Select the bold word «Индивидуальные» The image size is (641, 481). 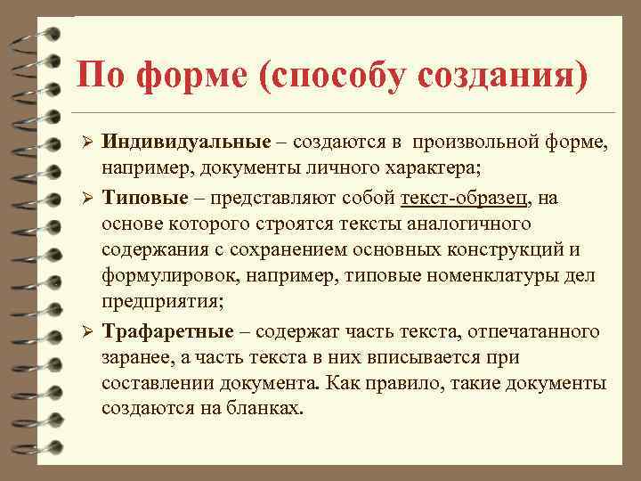[185, 142]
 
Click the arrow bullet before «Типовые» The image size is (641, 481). [86, 198]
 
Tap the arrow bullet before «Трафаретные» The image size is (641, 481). [86, 331]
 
